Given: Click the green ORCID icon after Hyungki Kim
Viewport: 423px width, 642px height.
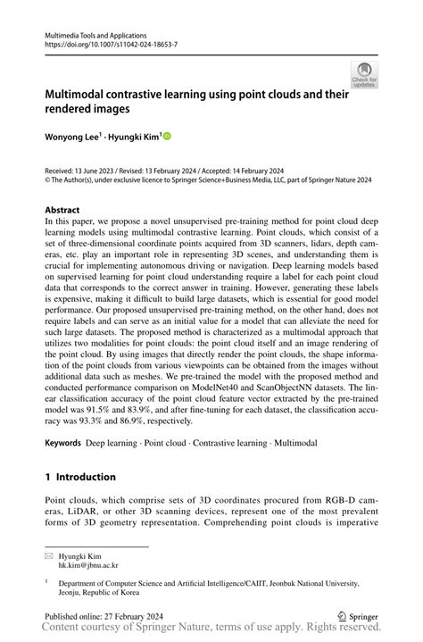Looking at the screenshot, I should tap(165, 137).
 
